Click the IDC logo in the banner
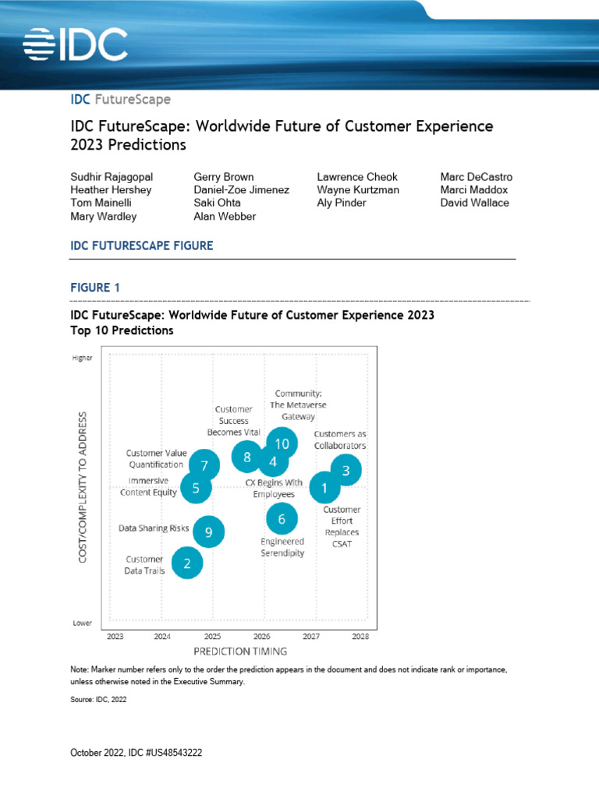click(x=75, y=44)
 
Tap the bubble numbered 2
click(x=186, y=563)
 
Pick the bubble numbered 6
click(x=282, y=518)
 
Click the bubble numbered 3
click(x=346, y=470)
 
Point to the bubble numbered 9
click(x=208, y=532)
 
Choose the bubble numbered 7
click(x=204, y=466)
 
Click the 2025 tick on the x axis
click(x=212, y=636)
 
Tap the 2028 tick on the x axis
click(x=360, y=636)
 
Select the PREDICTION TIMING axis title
click(x=240, y=651)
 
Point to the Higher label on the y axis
click(x=82, y=358)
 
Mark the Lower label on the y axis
click(x=83, y=623)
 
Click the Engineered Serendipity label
click(x=282, y=547)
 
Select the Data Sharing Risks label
click(x=154, y=528)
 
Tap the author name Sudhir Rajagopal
click(x=112, y=177)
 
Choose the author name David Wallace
click(x=474, y=203)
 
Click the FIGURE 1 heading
click(x=95, y=288)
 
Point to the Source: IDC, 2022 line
click(x=98, y=700)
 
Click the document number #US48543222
click(x=175, y=754)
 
